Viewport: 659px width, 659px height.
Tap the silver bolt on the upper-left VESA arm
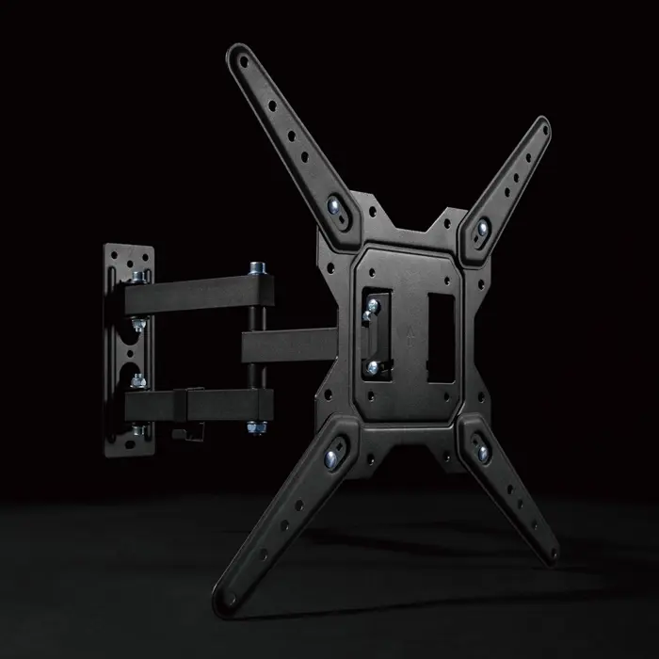pyautogui.click(x=335, y=206)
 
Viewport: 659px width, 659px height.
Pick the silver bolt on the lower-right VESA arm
pyautogui.click(x=483, y=456)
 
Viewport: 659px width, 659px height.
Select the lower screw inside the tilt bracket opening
pyautogui.click(x=374, y=366)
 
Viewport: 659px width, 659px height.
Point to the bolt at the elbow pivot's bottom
pyautogui.click(x=255, y=429)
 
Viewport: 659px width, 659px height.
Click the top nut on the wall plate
pyautogui.click(x=138, y=276)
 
